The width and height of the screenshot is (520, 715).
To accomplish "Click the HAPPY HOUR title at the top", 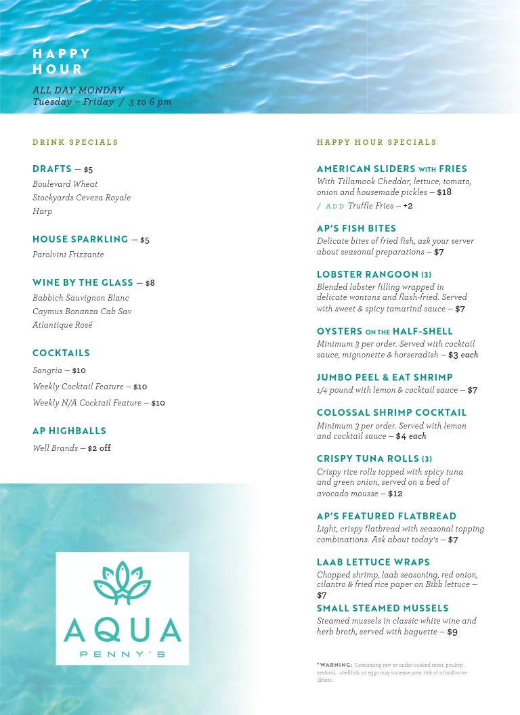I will click(x=62, y=62).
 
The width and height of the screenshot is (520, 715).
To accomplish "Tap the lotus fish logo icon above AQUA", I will click(x=123, y=583).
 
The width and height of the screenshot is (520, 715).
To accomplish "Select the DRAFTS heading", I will click(x=52, y=169).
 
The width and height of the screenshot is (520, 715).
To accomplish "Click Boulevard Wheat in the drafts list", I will click(x=65, y=184).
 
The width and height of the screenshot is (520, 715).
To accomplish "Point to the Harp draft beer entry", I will click(x=42, y=211).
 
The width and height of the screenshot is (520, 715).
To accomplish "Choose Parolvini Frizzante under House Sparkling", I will click(x=68, y=255).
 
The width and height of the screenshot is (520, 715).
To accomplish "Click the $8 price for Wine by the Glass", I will click(x=150, y=283).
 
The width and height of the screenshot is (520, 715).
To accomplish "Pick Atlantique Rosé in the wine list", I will click(x=62, y=325).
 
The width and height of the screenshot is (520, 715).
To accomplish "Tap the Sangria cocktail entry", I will click(x=47, y=370).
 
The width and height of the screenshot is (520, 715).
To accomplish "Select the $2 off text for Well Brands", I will click(x=99, y=448).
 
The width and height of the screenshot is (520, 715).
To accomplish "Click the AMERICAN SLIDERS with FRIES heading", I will click(x=392, y=169).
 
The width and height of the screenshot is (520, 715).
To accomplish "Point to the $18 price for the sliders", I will click(x=444, y=192).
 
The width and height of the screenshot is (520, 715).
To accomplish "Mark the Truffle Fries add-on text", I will click(x=370, y=206).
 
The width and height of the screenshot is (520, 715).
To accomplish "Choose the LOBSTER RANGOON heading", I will click(x=374, y=274).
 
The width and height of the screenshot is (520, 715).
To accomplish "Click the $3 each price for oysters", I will click(x=463, y=355).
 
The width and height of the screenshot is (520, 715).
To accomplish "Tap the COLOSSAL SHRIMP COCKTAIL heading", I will click(x=391, y=412).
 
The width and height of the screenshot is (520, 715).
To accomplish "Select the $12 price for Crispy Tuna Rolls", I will click(x=395, y=494).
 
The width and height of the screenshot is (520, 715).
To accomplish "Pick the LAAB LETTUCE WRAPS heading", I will click(x=373, y=562).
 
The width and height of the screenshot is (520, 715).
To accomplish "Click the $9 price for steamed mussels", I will click(x=452, y=632).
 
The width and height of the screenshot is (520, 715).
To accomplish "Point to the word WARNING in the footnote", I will click(x=336, y=665).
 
